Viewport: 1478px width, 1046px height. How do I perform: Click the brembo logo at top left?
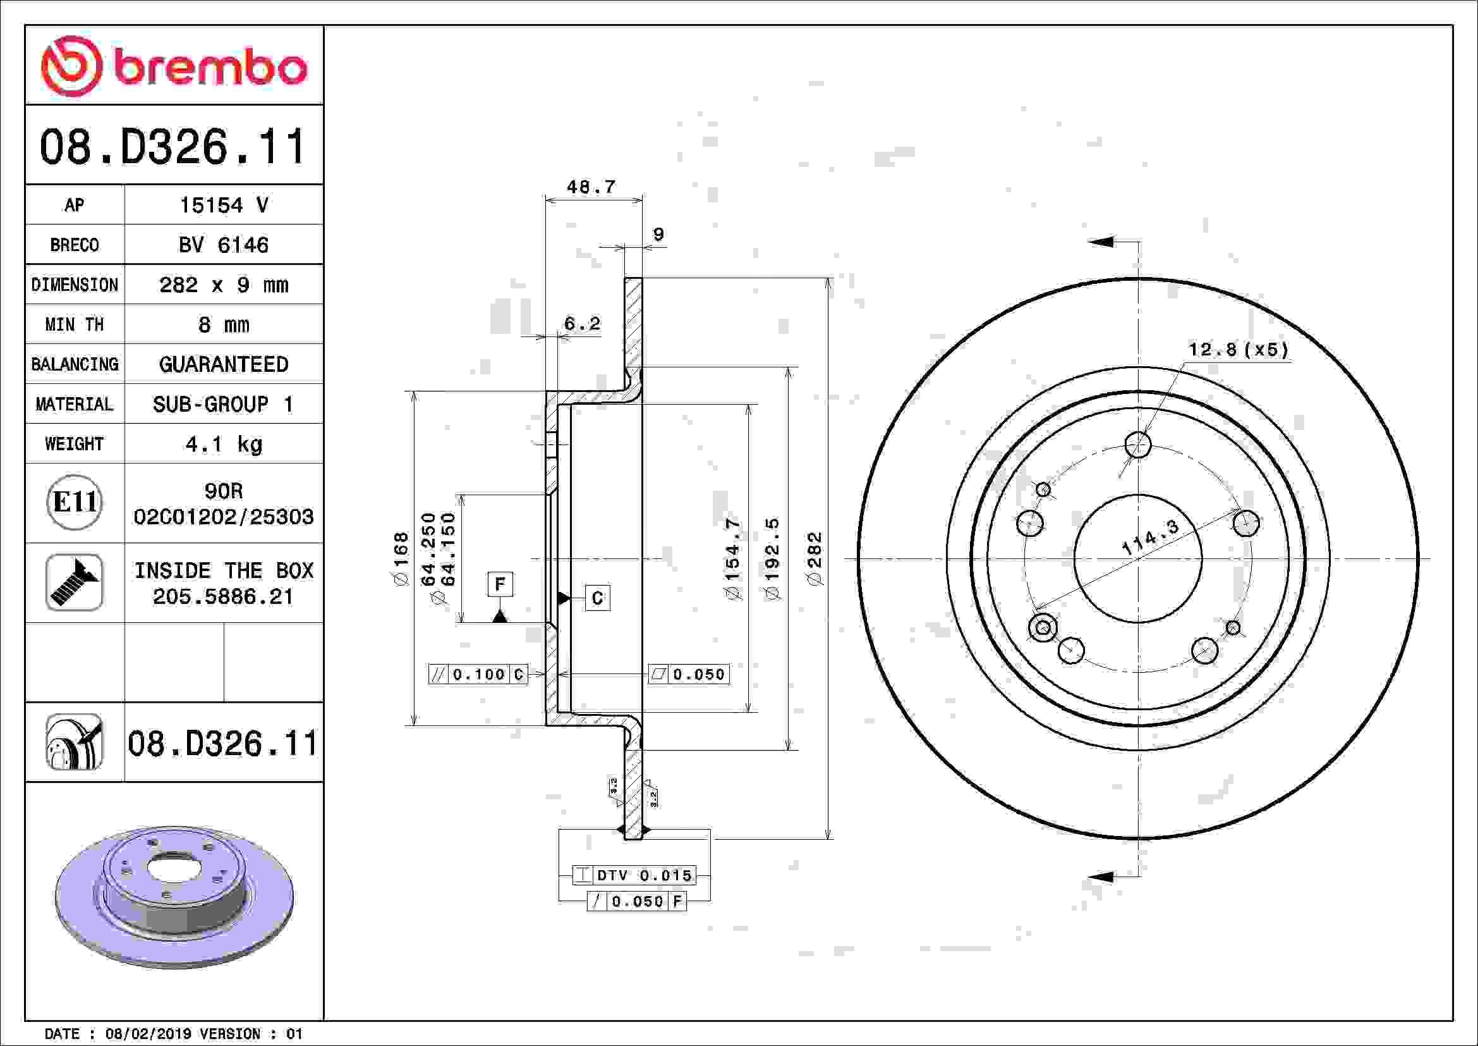click(x=174, y=66)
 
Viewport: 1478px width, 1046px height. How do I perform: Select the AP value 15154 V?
click(x=223, y=205)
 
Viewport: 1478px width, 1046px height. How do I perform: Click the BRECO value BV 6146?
click(x=223, y=245)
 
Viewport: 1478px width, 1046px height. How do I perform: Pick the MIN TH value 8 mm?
click(x=223, y=324)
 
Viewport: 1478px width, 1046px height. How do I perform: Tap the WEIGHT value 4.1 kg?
click(x=223, y=444)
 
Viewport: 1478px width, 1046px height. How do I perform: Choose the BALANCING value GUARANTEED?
click(x=223, y=364)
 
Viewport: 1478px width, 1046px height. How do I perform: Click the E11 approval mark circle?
click(x=75, y=502)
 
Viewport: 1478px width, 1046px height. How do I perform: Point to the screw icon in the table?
click(x=75, y=582)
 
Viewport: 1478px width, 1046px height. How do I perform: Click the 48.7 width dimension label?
click(x=591, y=187)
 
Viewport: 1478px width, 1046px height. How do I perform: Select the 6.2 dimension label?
click(x=582, y=323)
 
